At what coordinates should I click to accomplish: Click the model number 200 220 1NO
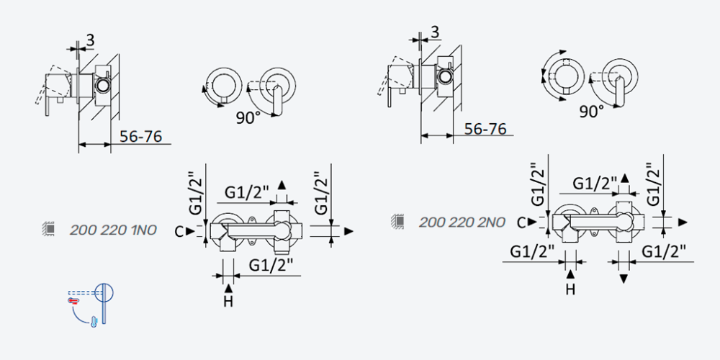pyautogui.click(x=113, y=230)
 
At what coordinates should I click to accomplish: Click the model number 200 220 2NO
pyautogui.click(x=462, y=222)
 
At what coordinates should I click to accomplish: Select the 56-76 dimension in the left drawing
pyautogui.click(x=140, y=136)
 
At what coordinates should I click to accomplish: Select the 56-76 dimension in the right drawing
pyautogui.click(x=485, y=129)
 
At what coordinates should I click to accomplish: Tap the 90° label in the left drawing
pyautogui.click(x=248, y=118)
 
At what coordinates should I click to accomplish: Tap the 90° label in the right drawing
pyautogui.click(x=591, y=111)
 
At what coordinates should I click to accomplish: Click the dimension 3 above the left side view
pyautogui.click(x=90, y=40)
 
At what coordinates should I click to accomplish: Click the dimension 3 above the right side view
pyautogui.click(x=435, y=32)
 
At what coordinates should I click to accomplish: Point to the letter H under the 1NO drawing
pyautogui.click(x=229, y=302)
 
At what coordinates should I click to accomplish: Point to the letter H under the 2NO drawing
pyautogui.click(x=570, y=289)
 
